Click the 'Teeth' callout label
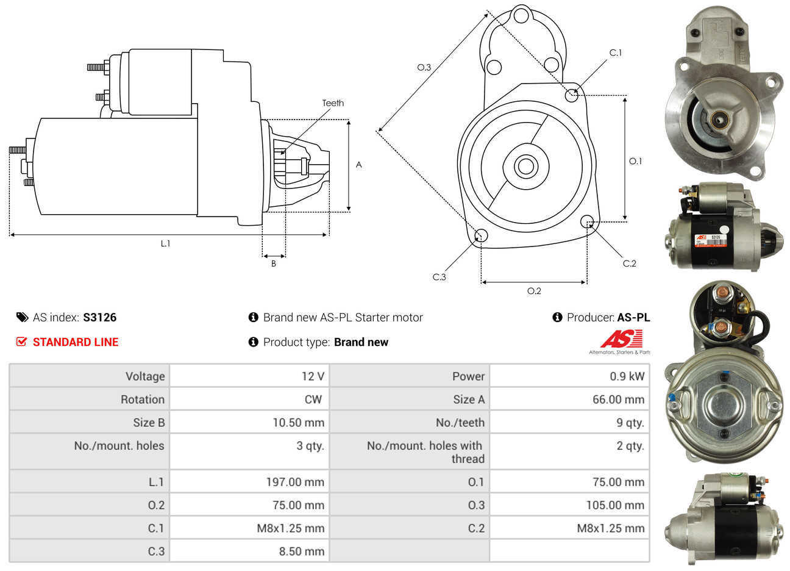[x=333, y=103]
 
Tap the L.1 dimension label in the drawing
[x=165, y=243]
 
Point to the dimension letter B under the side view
[x=274, y=264]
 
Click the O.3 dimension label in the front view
[x=424, y=67]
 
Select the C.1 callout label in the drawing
[x=616, y=53]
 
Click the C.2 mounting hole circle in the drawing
[x=587, y=221]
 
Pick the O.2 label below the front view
[x=534, y=291]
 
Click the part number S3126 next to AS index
[x=99, y=317]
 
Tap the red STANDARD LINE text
[x=76, y=342]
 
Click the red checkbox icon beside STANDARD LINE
[x=22, y=342]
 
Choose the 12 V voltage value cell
[x=313, y=376]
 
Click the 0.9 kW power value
[x=627, y=376]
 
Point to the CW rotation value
[x=313, y=400]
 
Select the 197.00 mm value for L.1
[x=295, y=482]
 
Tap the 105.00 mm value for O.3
[x=615, y=505]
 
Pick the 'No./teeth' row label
[x=460, y=423]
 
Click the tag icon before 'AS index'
[x=22, y=317]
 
